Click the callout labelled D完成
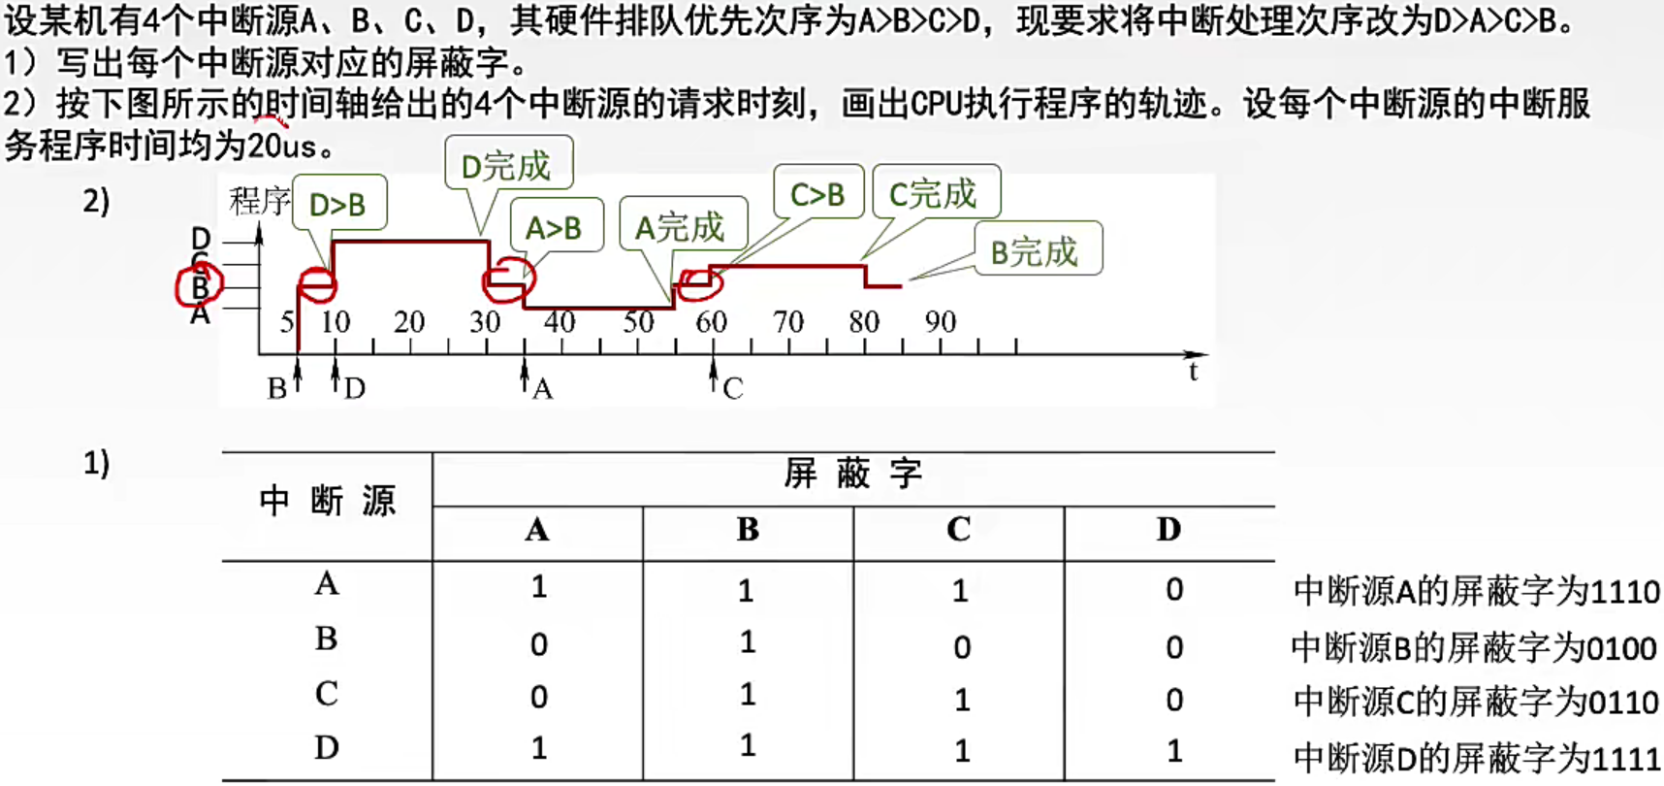click(507, 165)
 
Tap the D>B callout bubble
click(338, 204)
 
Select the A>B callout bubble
click(555, 227)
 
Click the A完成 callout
click(682, 226)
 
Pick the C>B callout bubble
click(817, 194)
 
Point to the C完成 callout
click(935, 193)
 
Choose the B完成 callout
click(1036, 250)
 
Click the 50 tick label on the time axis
click(637, 321)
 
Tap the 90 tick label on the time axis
click(940, 321)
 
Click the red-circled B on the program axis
click(200, 286)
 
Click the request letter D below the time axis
click(355, 389)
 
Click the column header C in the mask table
click(958, 529)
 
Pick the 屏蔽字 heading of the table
click(852, 474)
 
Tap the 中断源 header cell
click(327, 501)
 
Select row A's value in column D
click(1173, 589)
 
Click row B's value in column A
click(539, 644)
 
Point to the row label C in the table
click(326, 694)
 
